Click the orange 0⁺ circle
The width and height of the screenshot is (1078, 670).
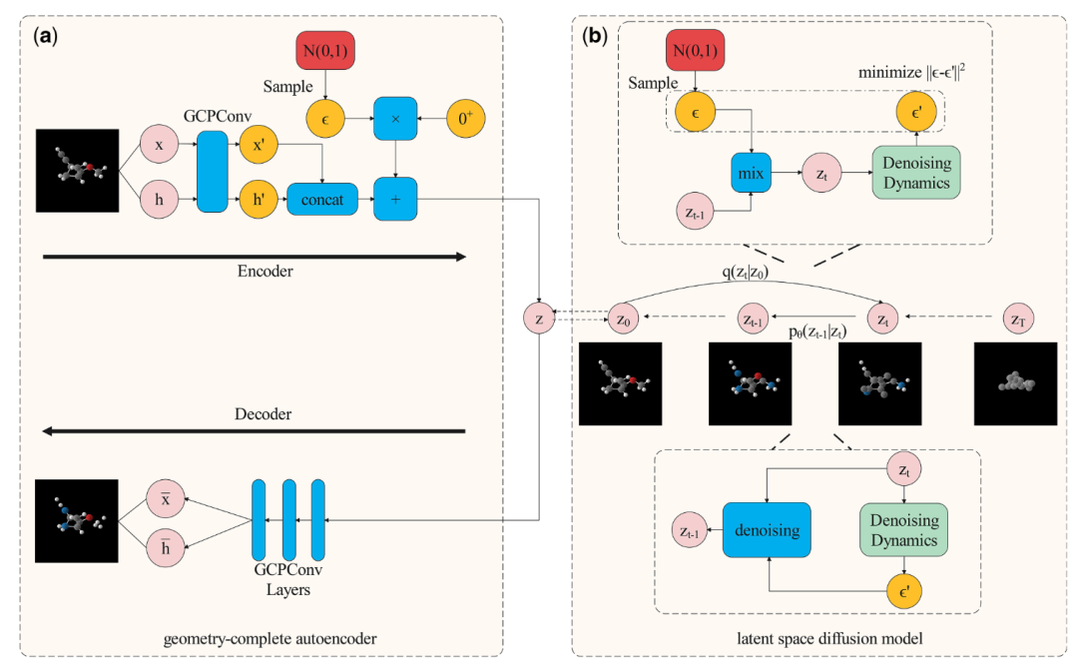pos(466,119)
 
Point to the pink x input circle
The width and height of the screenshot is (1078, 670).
pos(160,145)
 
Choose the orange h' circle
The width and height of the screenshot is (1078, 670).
pos(259,201)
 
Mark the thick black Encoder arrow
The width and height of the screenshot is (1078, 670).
pos(255,257)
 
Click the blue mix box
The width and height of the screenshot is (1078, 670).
pos(751,174)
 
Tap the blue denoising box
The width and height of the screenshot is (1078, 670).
pos(767,530)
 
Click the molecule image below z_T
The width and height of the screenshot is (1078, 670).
pos(1014,382)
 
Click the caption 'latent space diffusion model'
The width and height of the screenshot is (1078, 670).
pos(816,635)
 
